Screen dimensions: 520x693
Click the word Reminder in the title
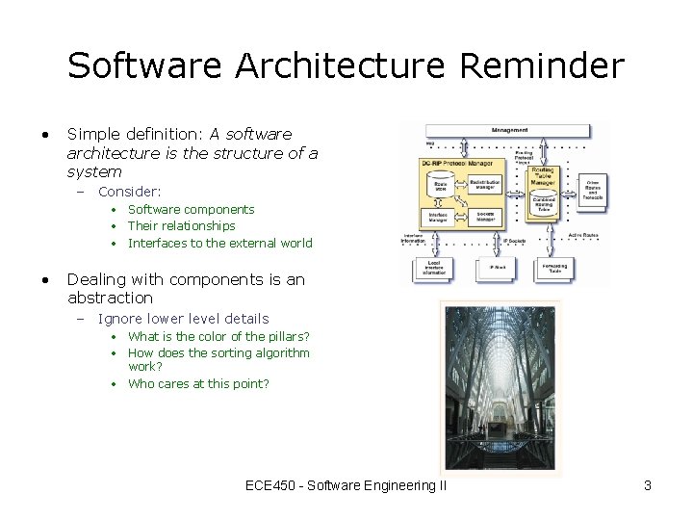[542, 66]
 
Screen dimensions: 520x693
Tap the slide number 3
[648, 485]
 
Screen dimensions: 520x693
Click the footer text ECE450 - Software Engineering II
[346, 485]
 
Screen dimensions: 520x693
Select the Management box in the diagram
[509, 130]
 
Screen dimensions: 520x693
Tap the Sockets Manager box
[485, 217]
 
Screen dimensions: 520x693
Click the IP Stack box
[498, 269]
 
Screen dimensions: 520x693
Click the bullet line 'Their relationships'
[181, 225]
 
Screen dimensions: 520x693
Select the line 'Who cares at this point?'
[198, 383]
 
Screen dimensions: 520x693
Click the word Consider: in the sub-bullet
[130, 192]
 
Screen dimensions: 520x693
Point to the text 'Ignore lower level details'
[183, 318]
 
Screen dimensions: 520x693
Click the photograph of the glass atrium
[500, 385]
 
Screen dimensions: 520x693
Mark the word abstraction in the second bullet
[110, 298]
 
